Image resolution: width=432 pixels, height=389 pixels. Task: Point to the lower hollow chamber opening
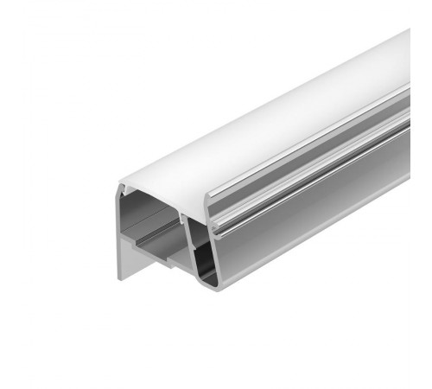[x=200, y=251]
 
